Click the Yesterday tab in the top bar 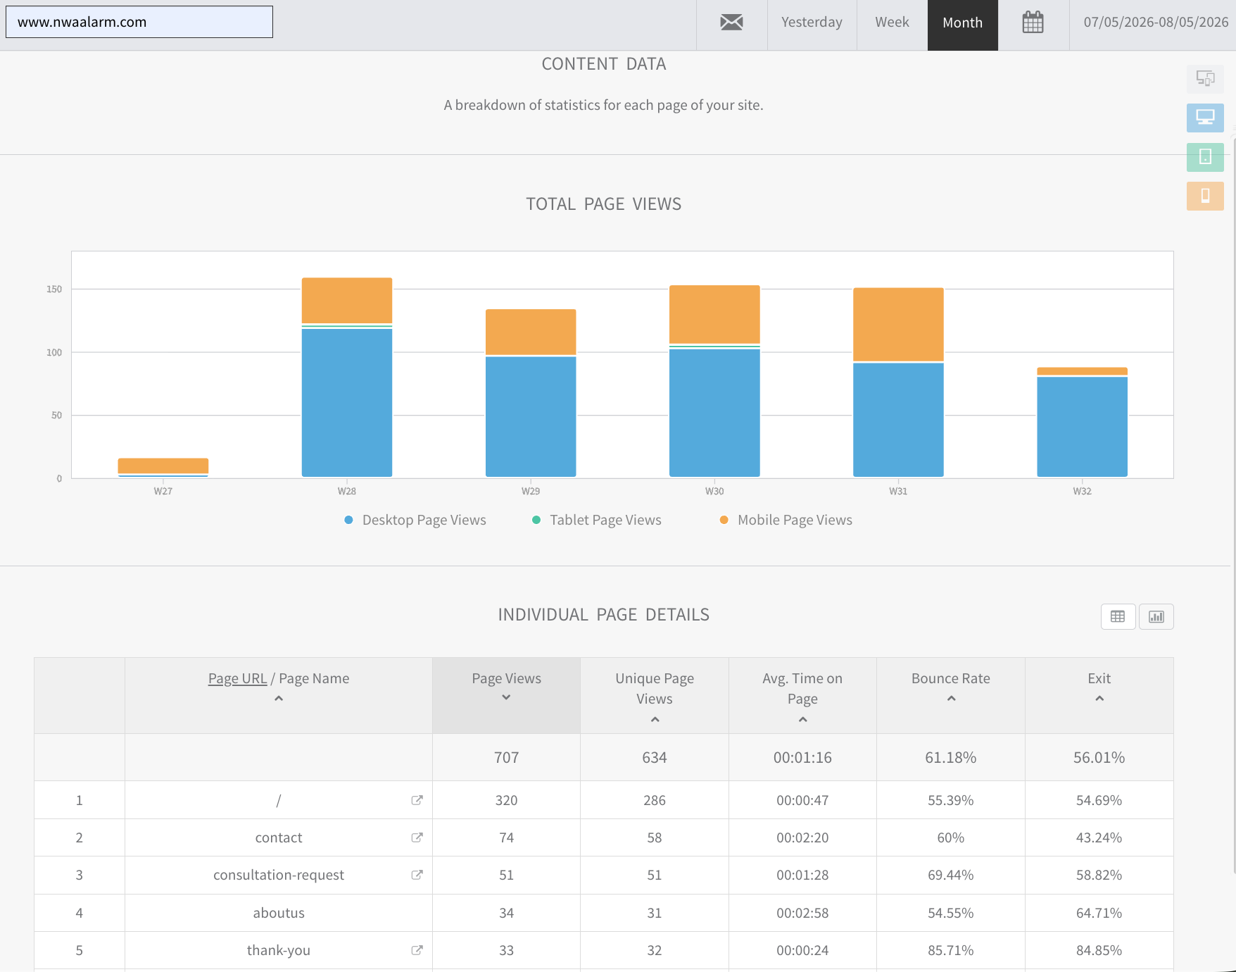(812, 23)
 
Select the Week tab (892, 23)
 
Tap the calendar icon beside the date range (1033, 23)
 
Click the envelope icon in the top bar (731, 23)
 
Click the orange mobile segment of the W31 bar (898, 325)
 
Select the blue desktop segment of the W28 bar (347, 403)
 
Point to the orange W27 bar (163, 466)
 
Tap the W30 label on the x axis (714, 491)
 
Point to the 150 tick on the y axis (54, 289)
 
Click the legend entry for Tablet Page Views (597, 520)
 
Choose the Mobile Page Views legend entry (786, 520)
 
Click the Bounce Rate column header (951, 678)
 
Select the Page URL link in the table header (237, 678)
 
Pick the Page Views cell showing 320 (506, 800)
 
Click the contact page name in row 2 (279, 837)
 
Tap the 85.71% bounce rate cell (951, 950)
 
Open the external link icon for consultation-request (417, 875)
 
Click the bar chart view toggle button (1156, 617)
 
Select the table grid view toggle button (1118, 617)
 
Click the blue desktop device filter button (1205, 118)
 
